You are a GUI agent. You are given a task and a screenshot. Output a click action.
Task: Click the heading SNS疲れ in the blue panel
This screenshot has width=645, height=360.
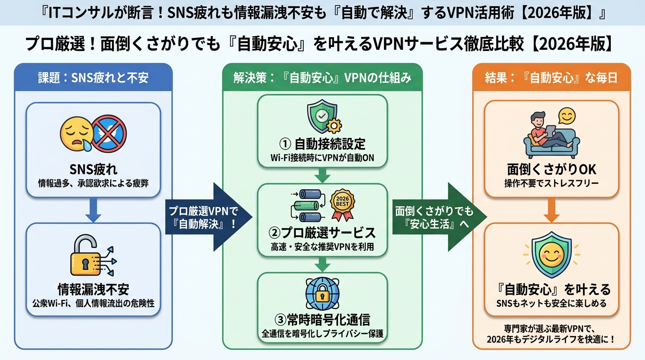[93, 169]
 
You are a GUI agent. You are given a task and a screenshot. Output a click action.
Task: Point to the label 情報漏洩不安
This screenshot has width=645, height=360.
[93, 290]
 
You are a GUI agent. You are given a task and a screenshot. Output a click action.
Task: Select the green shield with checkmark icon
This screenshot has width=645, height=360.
[320, 118]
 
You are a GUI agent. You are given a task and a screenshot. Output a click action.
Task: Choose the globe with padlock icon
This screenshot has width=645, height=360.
[322, 293]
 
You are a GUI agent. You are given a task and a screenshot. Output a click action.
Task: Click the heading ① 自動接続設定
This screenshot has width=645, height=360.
[322, 143]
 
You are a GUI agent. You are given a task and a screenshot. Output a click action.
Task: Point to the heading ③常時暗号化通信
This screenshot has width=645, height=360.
[322, 320]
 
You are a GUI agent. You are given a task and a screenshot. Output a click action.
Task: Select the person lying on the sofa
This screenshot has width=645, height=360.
[546, 134]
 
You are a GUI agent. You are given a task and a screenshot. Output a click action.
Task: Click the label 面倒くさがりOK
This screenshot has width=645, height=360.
[551, 169]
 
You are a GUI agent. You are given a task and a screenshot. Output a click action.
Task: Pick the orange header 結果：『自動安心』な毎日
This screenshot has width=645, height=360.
[551, 78]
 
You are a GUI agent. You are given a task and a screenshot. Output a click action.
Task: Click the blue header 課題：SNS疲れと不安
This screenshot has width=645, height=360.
[93, 78]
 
